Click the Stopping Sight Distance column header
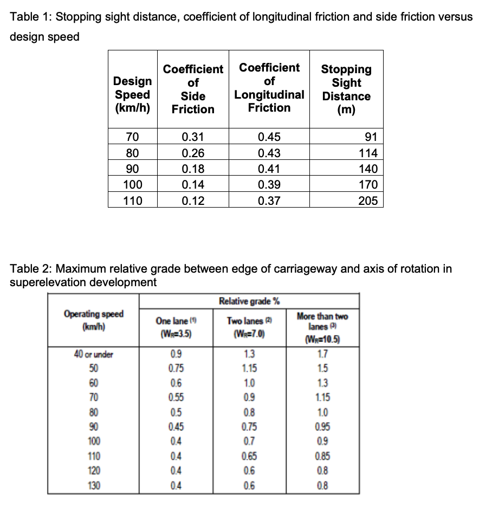coord(346,89)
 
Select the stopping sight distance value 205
coord(368,201)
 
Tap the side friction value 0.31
coord(193,137)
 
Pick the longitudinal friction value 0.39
coord(269,185)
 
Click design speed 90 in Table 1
coord(133,169)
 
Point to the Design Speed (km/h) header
coord(132,94)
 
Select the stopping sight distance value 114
coord(368,153)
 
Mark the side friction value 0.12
coord(193,201)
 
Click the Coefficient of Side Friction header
coord(193,89)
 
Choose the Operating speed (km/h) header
coord(94,320)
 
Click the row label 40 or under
coord(94,355)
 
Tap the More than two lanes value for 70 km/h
coord(322,397)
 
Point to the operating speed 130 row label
coord(94,485)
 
